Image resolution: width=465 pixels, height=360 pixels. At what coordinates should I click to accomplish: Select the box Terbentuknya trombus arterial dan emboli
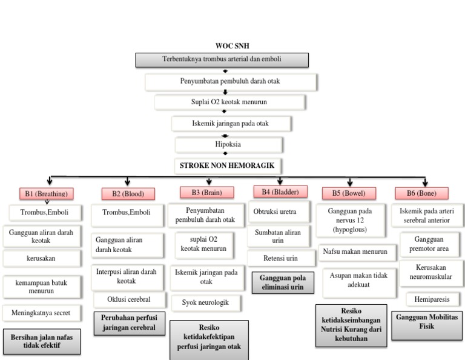(222, 59)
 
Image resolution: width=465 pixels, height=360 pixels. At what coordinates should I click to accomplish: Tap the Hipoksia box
(229, 145)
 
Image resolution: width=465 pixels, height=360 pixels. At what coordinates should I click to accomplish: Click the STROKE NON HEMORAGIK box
(229, 165)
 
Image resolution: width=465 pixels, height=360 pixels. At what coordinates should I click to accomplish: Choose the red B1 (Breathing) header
(45, 193)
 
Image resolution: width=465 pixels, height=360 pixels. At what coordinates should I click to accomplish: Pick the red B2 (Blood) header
(128, 193)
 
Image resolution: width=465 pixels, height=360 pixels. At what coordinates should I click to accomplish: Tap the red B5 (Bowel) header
(349, 193)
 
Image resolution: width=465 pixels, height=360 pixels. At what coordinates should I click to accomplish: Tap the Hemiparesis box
(432, 299)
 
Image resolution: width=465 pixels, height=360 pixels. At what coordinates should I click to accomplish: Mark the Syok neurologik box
(205, 302)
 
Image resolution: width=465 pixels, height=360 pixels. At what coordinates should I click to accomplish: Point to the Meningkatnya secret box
(45, 313)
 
